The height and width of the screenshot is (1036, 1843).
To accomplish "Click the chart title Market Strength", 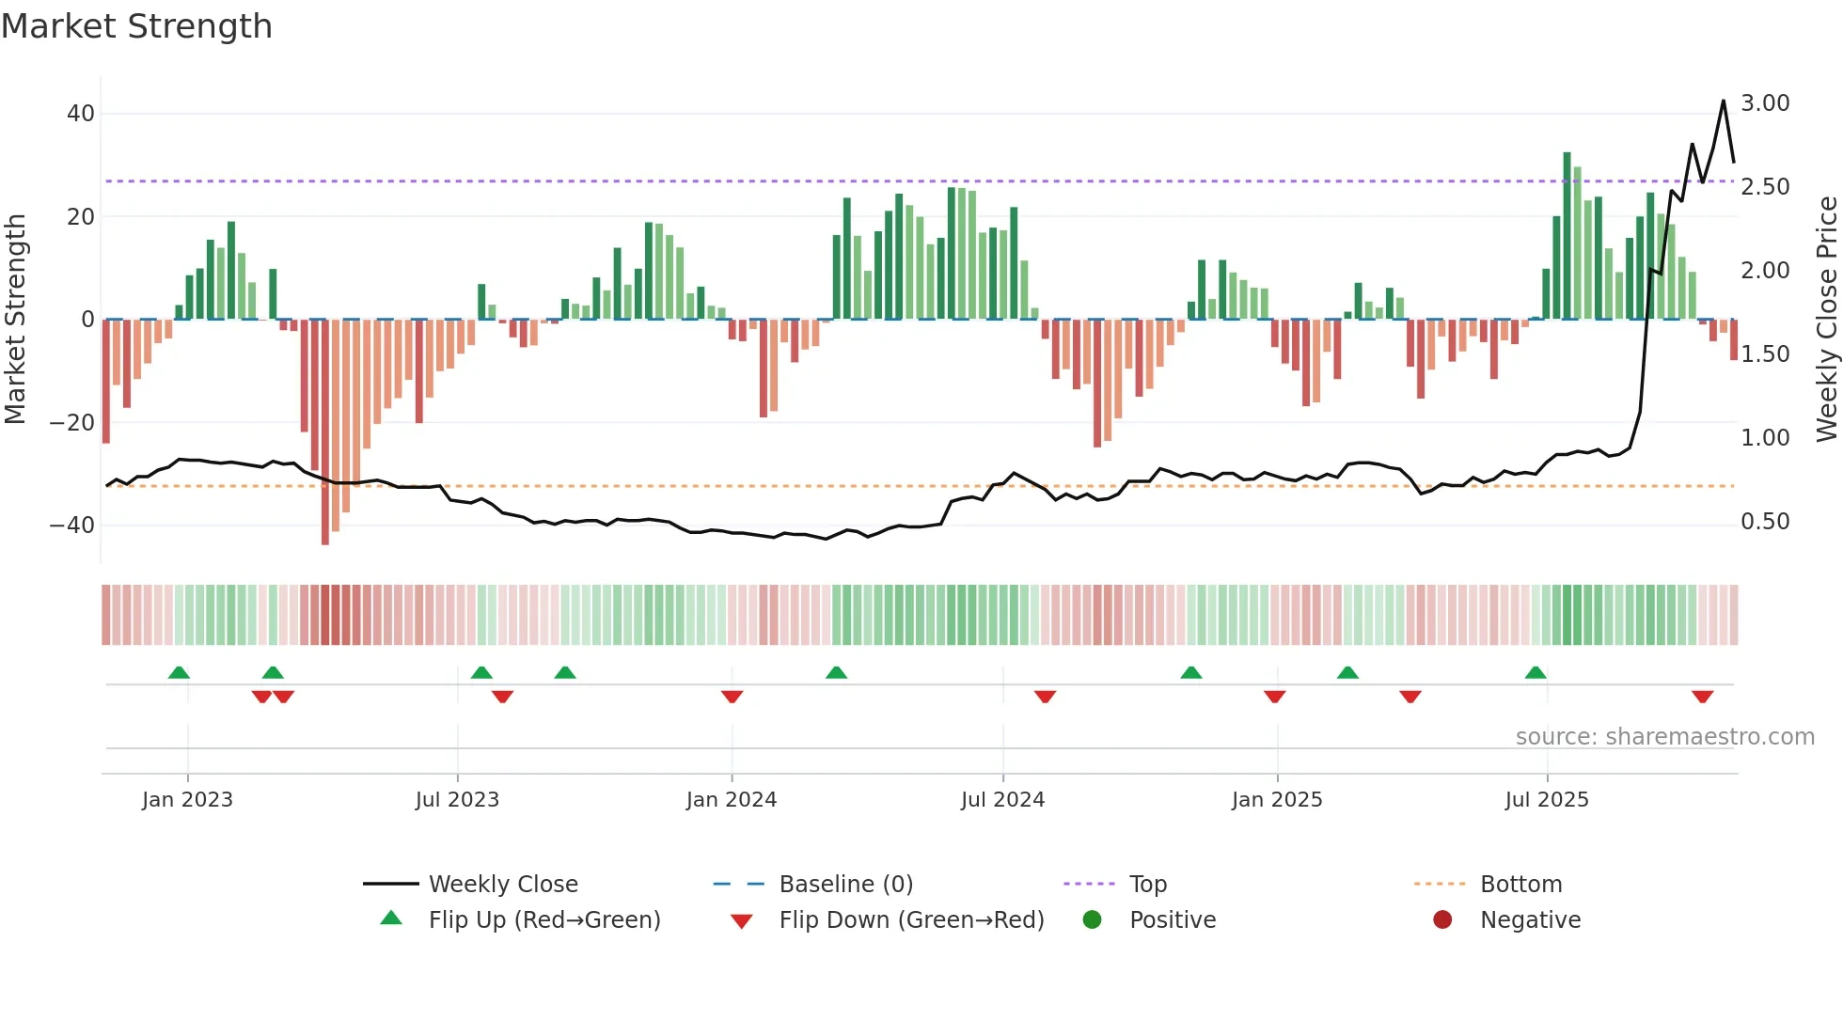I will pos(136,26).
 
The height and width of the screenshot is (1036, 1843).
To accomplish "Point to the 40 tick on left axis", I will pos(81,114).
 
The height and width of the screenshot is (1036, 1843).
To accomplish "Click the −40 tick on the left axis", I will pos(72,526).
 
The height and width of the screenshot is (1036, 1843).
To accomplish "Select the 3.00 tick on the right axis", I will pos(1765,103).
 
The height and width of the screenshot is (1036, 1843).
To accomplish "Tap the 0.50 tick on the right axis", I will pos(1765,522).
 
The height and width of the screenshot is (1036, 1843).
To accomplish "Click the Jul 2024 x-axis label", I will pos(1002,800).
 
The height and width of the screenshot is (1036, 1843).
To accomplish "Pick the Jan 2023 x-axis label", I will pos(187,800).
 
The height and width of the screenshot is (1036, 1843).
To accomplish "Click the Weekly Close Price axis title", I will pos(1826,320).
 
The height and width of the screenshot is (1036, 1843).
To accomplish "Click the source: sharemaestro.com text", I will pos(1664,737).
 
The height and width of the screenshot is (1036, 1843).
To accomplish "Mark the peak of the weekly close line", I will pos(1724,101).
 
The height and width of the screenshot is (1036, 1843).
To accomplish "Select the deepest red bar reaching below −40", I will pos(325,432).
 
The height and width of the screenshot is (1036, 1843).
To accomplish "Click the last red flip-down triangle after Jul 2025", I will pos(1702,697).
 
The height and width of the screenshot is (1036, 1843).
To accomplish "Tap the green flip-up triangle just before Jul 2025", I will pos(1536,672).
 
